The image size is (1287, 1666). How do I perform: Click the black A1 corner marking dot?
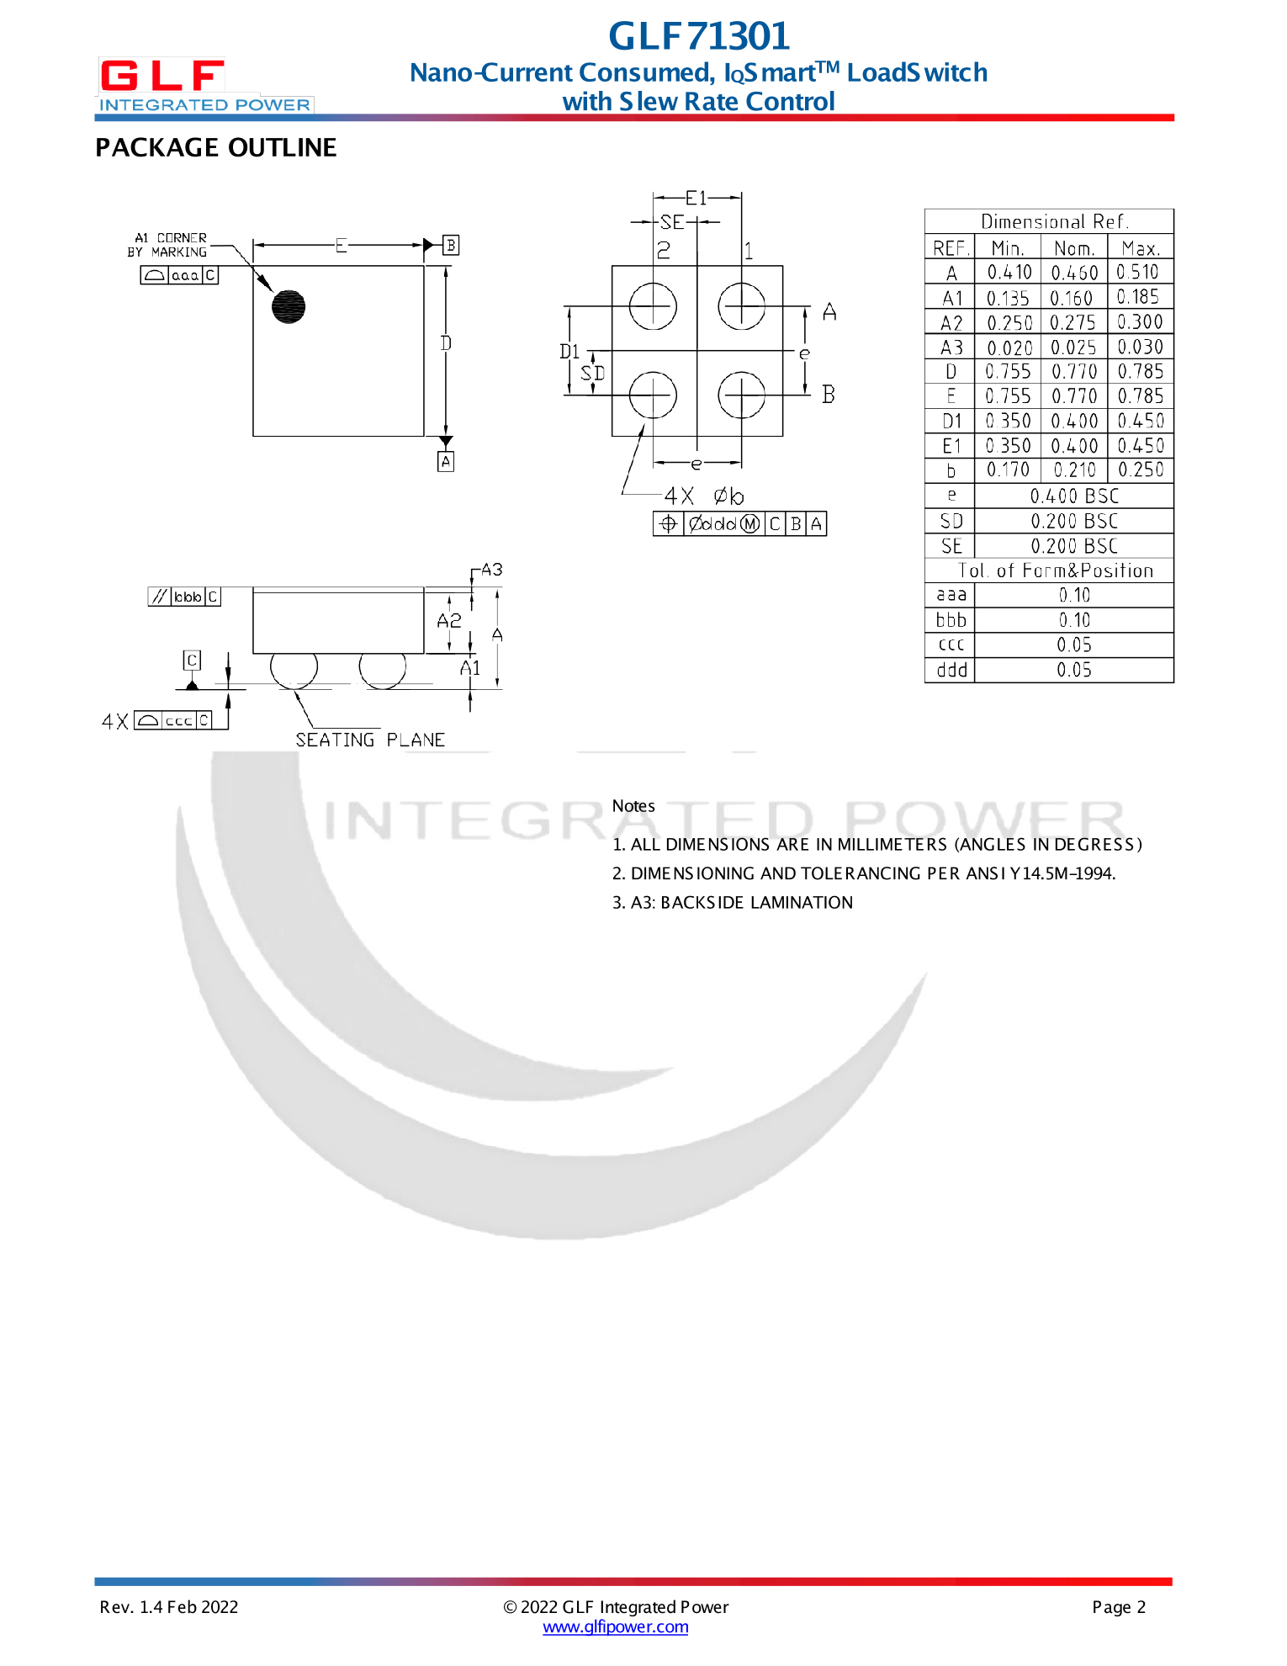289,306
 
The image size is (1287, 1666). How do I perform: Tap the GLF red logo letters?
162,76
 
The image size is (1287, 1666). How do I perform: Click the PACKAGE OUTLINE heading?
215,148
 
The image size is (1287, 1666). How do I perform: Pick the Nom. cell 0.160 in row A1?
1072,298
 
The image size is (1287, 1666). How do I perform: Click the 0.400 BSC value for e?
1074,496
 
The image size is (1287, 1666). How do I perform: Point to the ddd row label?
951,671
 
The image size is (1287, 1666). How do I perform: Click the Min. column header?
1007,248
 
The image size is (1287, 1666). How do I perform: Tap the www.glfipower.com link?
615,1627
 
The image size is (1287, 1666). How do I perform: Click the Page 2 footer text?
1118,1607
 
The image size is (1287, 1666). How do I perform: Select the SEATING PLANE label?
370,740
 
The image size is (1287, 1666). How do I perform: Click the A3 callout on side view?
492,570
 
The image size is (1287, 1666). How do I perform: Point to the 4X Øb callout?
704,496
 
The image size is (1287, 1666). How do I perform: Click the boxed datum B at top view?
451,245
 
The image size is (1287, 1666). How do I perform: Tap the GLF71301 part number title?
699,36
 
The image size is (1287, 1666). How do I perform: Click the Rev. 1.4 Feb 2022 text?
169,1607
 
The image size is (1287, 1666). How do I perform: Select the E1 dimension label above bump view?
696,199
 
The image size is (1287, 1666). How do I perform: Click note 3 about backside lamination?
732,903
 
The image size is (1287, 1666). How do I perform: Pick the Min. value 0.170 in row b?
1007,470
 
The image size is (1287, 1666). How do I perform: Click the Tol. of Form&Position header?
1055,570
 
